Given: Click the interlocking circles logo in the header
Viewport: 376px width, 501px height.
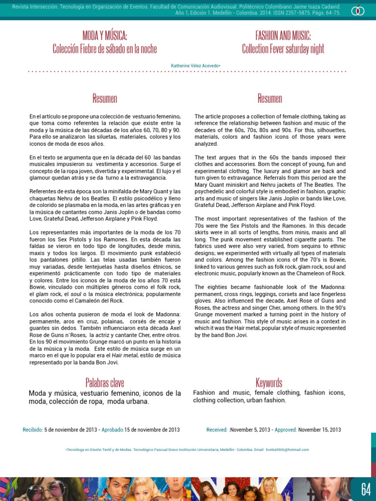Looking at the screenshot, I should tap(358, 9).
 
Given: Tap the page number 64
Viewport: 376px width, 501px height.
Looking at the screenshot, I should tap(366, 489).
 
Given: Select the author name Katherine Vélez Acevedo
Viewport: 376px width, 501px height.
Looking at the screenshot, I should tap(195, 65).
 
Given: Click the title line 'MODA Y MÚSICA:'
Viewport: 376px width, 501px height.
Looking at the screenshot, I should tap(105, 35).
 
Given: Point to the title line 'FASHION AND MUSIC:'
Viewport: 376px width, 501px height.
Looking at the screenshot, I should tap(283, 35).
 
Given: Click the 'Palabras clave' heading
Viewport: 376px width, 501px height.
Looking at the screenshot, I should tap(105, 382).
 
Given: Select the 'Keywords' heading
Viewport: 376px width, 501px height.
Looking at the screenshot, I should tap(269, 382).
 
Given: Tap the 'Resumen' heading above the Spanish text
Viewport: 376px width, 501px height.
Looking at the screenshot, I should tap(105, 98).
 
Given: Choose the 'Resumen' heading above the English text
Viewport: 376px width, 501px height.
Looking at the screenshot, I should tap(270, 98).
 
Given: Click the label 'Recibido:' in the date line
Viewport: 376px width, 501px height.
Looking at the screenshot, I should tap(33, 430).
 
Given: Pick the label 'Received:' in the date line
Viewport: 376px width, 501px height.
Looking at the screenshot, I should tap(217, 430).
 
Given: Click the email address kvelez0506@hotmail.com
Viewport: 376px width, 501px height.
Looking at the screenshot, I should tap(288, 450).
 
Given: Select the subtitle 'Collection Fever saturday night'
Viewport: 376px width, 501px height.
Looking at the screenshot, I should tap(283, 49).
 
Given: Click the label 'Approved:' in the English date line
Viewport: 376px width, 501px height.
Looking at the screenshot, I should tap(285, 430).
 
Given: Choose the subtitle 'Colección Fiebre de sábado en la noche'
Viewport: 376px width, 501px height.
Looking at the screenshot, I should tap(105, 49).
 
